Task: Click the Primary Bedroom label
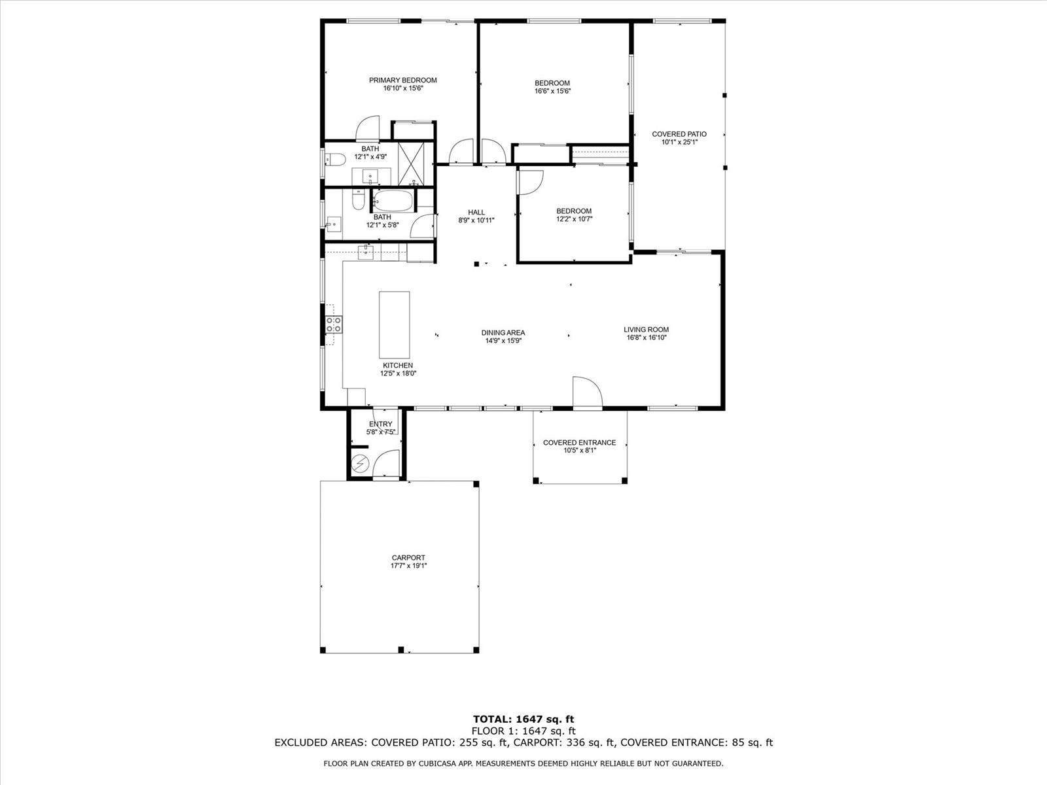(402, 80)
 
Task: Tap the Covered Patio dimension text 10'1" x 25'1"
(679, 142)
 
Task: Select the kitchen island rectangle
(394, 324)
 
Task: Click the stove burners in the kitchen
(334, 324)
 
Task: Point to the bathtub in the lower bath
(393, 201)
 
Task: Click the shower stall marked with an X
(411, 164)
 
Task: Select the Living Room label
(646, 329)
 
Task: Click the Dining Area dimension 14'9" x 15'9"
(503, 341)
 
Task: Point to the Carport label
(408, 557)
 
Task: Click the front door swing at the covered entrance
(588, 392)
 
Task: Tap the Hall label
(476, 213)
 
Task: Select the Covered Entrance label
(579, 443)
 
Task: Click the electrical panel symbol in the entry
(360, 463)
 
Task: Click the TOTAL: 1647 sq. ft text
(523, 719)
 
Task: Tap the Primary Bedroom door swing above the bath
(368, 128)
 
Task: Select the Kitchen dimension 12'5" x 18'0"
(398, 374)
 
